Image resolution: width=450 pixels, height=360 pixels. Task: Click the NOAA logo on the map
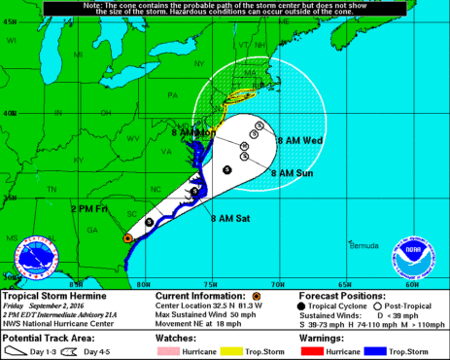click(413, 256)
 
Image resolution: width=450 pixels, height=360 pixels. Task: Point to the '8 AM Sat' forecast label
click(230, 219)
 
